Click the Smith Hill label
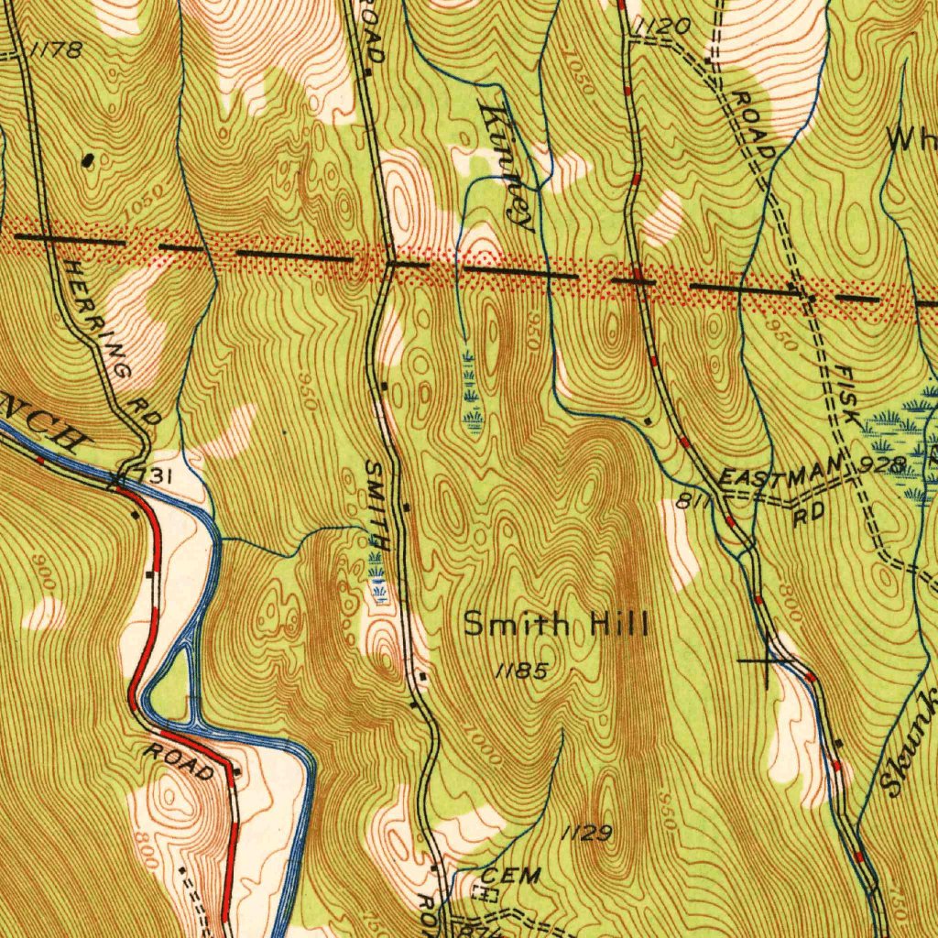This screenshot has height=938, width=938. (556, 627)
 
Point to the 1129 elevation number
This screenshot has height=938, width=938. (586, 833)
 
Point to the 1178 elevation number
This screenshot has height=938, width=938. (56, 50)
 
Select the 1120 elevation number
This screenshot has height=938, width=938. (661, 28)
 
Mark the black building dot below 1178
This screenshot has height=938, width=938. (88, 159)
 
